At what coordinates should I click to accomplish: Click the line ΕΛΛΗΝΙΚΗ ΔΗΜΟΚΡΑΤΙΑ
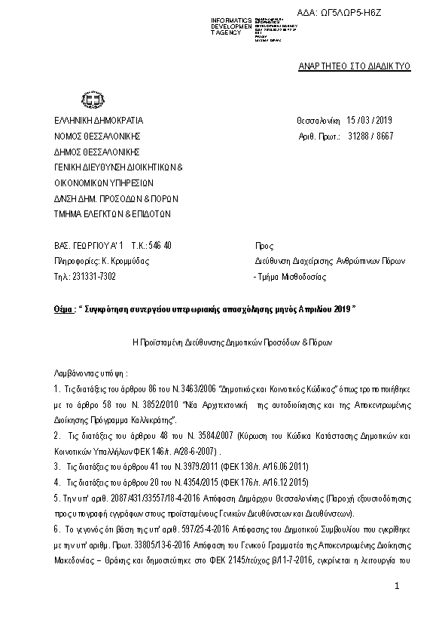pyautogui.click(x=98, y=121)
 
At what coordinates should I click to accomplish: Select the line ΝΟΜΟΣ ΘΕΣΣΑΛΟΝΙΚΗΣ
pyautogui.click(x=97, y=137)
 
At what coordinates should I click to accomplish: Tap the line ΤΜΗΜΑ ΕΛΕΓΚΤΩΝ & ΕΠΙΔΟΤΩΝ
pyautogui.click(x=112, y=213)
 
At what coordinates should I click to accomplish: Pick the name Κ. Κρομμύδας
pyautogui.click(x=125, y=261)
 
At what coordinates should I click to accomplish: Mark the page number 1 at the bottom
pyautogui.click(x=399, y=586)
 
